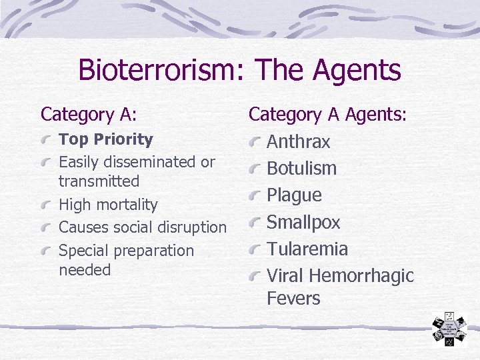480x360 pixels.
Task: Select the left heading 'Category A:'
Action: pyautogui.click(x=89, y=115)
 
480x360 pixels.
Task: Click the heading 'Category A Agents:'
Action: pyautogui.click(x=327, y=115)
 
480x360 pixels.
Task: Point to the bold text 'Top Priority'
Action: pyautogui.click(x=106, y=139)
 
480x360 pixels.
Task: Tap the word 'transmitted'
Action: pyautogui.click(x=99, y=181)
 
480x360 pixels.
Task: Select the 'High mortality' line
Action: pyautogui.click(x=108, y=205)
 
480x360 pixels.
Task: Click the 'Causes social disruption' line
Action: pyautogui.click(x=143, y=227)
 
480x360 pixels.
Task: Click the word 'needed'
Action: pyautogui.click(x=85, y=270)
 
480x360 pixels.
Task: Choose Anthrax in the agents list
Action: pyautogui.click(x=298, y=142)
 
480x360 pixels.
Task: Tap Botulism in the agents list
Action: pyautogui.click(x=301, y=169)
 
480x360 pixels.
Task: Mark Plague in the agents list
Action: pyautogui.click(x=294, y=195)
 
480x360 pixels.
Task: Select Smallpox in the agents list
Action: pyautogui.click(x=303, y=222)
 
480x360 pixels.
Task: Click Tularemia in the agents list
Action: pyautogui.click(x=307, y=249)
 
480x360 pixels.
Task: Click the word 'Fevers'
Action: pyautogui.click(x=293, y=299)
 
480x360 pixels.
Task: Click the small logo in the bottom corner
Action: pyautogui.click(x=449, y=329)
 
